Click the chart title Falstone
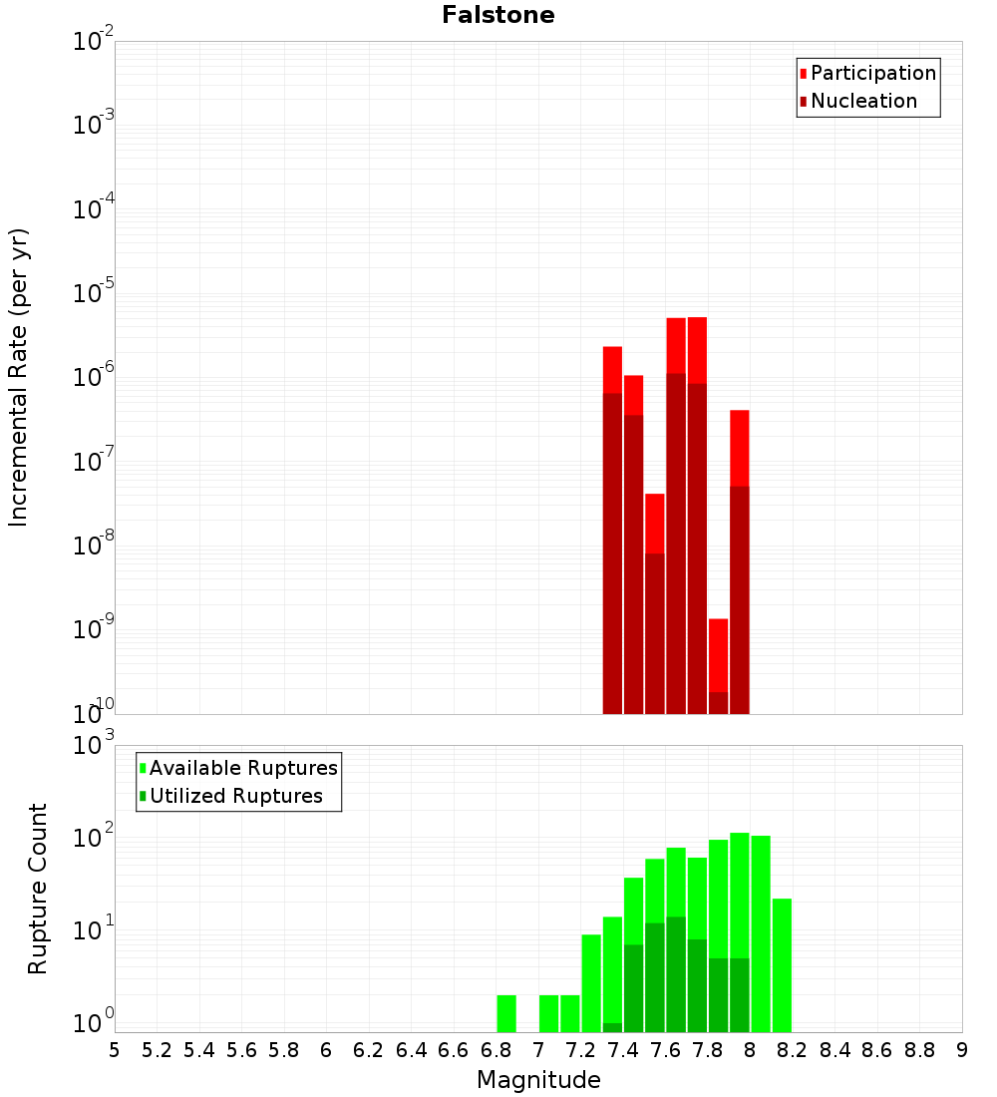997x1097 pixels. point(498,15)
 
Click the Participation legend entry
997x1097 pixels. point(873,73)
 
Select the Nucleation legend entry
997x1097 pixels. point(863,101)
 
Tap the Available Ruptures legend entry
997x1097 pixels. point(243,768)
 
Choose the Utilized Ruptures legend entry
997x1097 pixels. point(235,796)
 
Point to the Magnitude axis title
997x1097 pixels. point(538,1080)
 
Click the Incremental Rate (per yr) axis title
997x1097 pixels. point(19,378)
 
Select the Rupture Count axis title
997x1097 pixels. point(38,889)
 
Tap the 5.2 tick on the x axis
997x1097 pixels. point(157,1050)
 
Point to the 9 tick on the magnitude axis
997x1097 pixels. point(962,1050)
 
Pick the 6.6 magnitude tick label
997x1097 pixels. point(454,1050)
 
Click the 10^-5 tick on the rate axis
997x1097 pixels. point(93,294)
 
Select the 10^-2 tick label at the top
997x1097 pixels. point(93,43)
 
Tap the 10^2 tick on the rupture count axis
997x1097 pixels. point(93,839)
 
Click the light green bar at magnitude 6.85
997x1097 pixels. point(506,1013)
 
